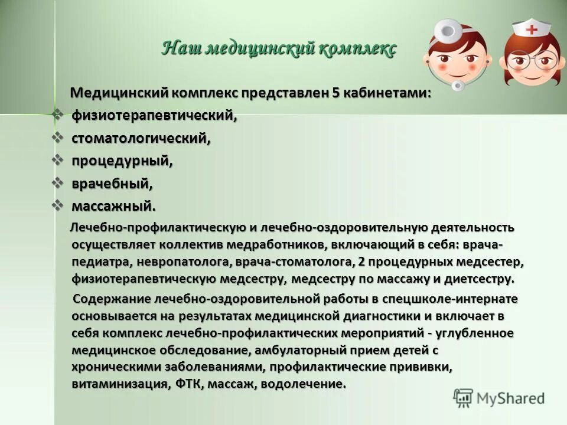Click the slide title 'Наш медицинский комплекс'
(279, 48)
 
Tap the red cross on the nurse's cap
(533, 28)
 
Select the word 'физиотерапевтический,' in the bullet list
(154, 116)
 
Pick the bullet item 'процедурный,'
(122, 161)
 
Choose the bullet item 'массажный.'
(114, 206)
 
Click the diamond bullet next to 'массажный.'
(58, 205)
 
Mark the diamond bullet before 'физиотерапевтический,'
(58, 115)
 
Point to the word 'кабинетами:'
(392, 93)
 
